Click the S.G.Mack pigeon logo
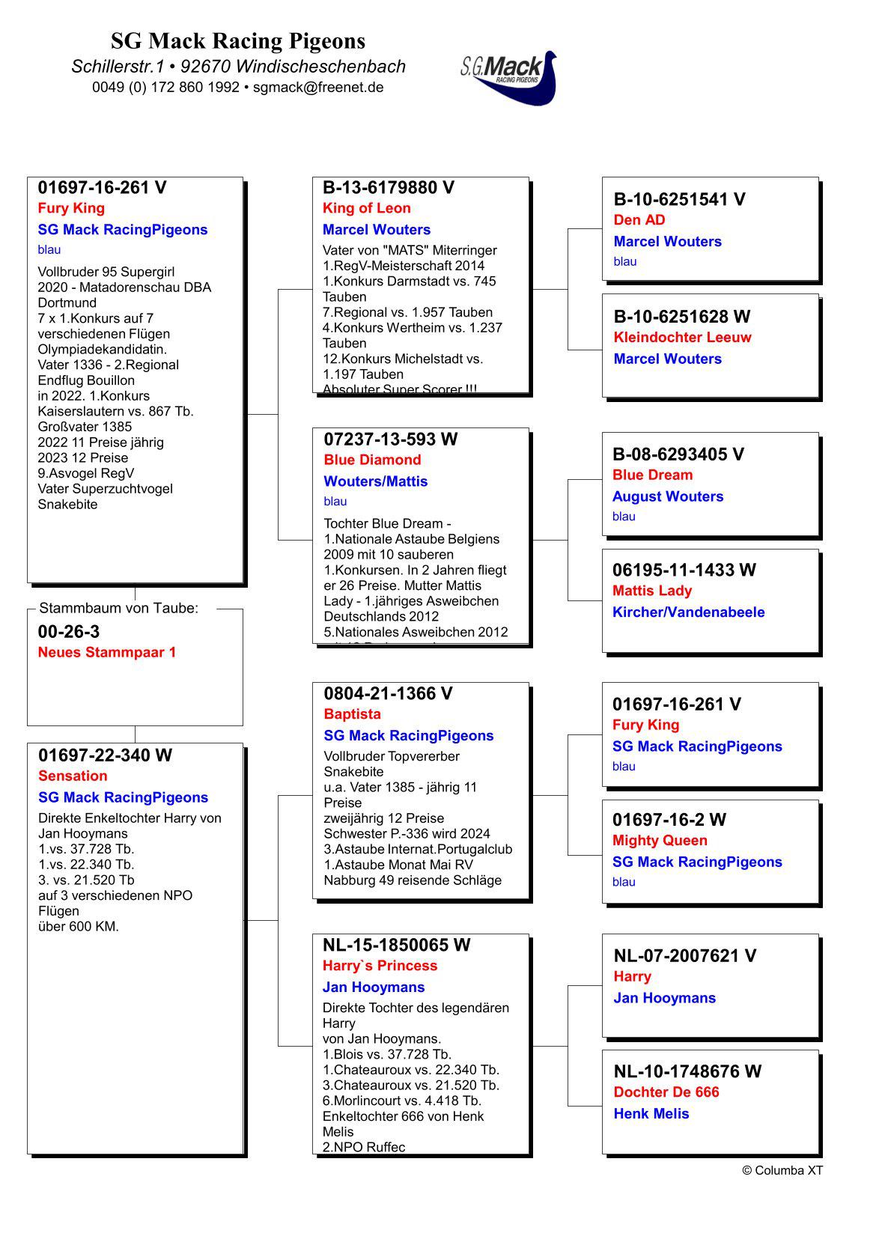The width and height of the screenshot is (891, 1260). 509,77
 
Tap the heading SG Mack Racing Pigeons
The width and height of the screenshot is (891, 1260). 238,40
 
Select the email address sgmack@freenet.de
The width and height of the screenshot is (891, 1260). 318,87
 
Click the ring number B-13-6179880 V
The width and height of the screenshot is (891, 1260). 388,188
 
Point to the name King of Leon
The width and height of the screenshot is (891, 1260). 366,208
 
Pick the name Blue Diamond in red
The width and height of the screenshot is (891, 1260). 372,460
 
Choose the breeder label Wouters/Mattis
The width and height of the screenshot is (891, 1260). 375,481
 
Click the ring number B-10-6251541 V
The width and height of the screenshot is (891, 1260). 679,199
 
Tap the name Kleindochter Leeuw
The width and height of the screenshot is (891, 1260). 682,338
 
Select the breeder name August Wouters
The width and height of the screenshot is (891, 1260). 667,496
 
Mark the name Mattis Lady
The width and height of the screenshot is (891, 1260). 651,591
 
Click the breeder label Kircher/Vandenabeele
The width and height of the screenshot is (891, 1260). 688,612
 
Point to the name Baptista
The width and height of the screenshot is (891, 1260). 352,714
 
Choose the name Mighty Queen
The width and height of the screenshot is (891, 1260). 659,841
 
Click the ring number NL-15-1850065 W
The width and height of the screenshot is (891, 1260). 396,946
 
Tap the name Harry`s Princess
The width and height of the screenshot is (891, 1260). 380,966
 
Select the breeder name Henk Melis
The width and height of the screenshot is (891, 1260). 651,1114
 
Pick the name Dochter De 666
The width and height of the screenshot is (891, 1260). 666,1092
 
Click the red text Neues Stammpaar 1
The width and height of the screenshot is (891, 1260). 107,652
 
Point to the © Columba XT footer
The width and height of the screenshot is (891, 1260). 782,1171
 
